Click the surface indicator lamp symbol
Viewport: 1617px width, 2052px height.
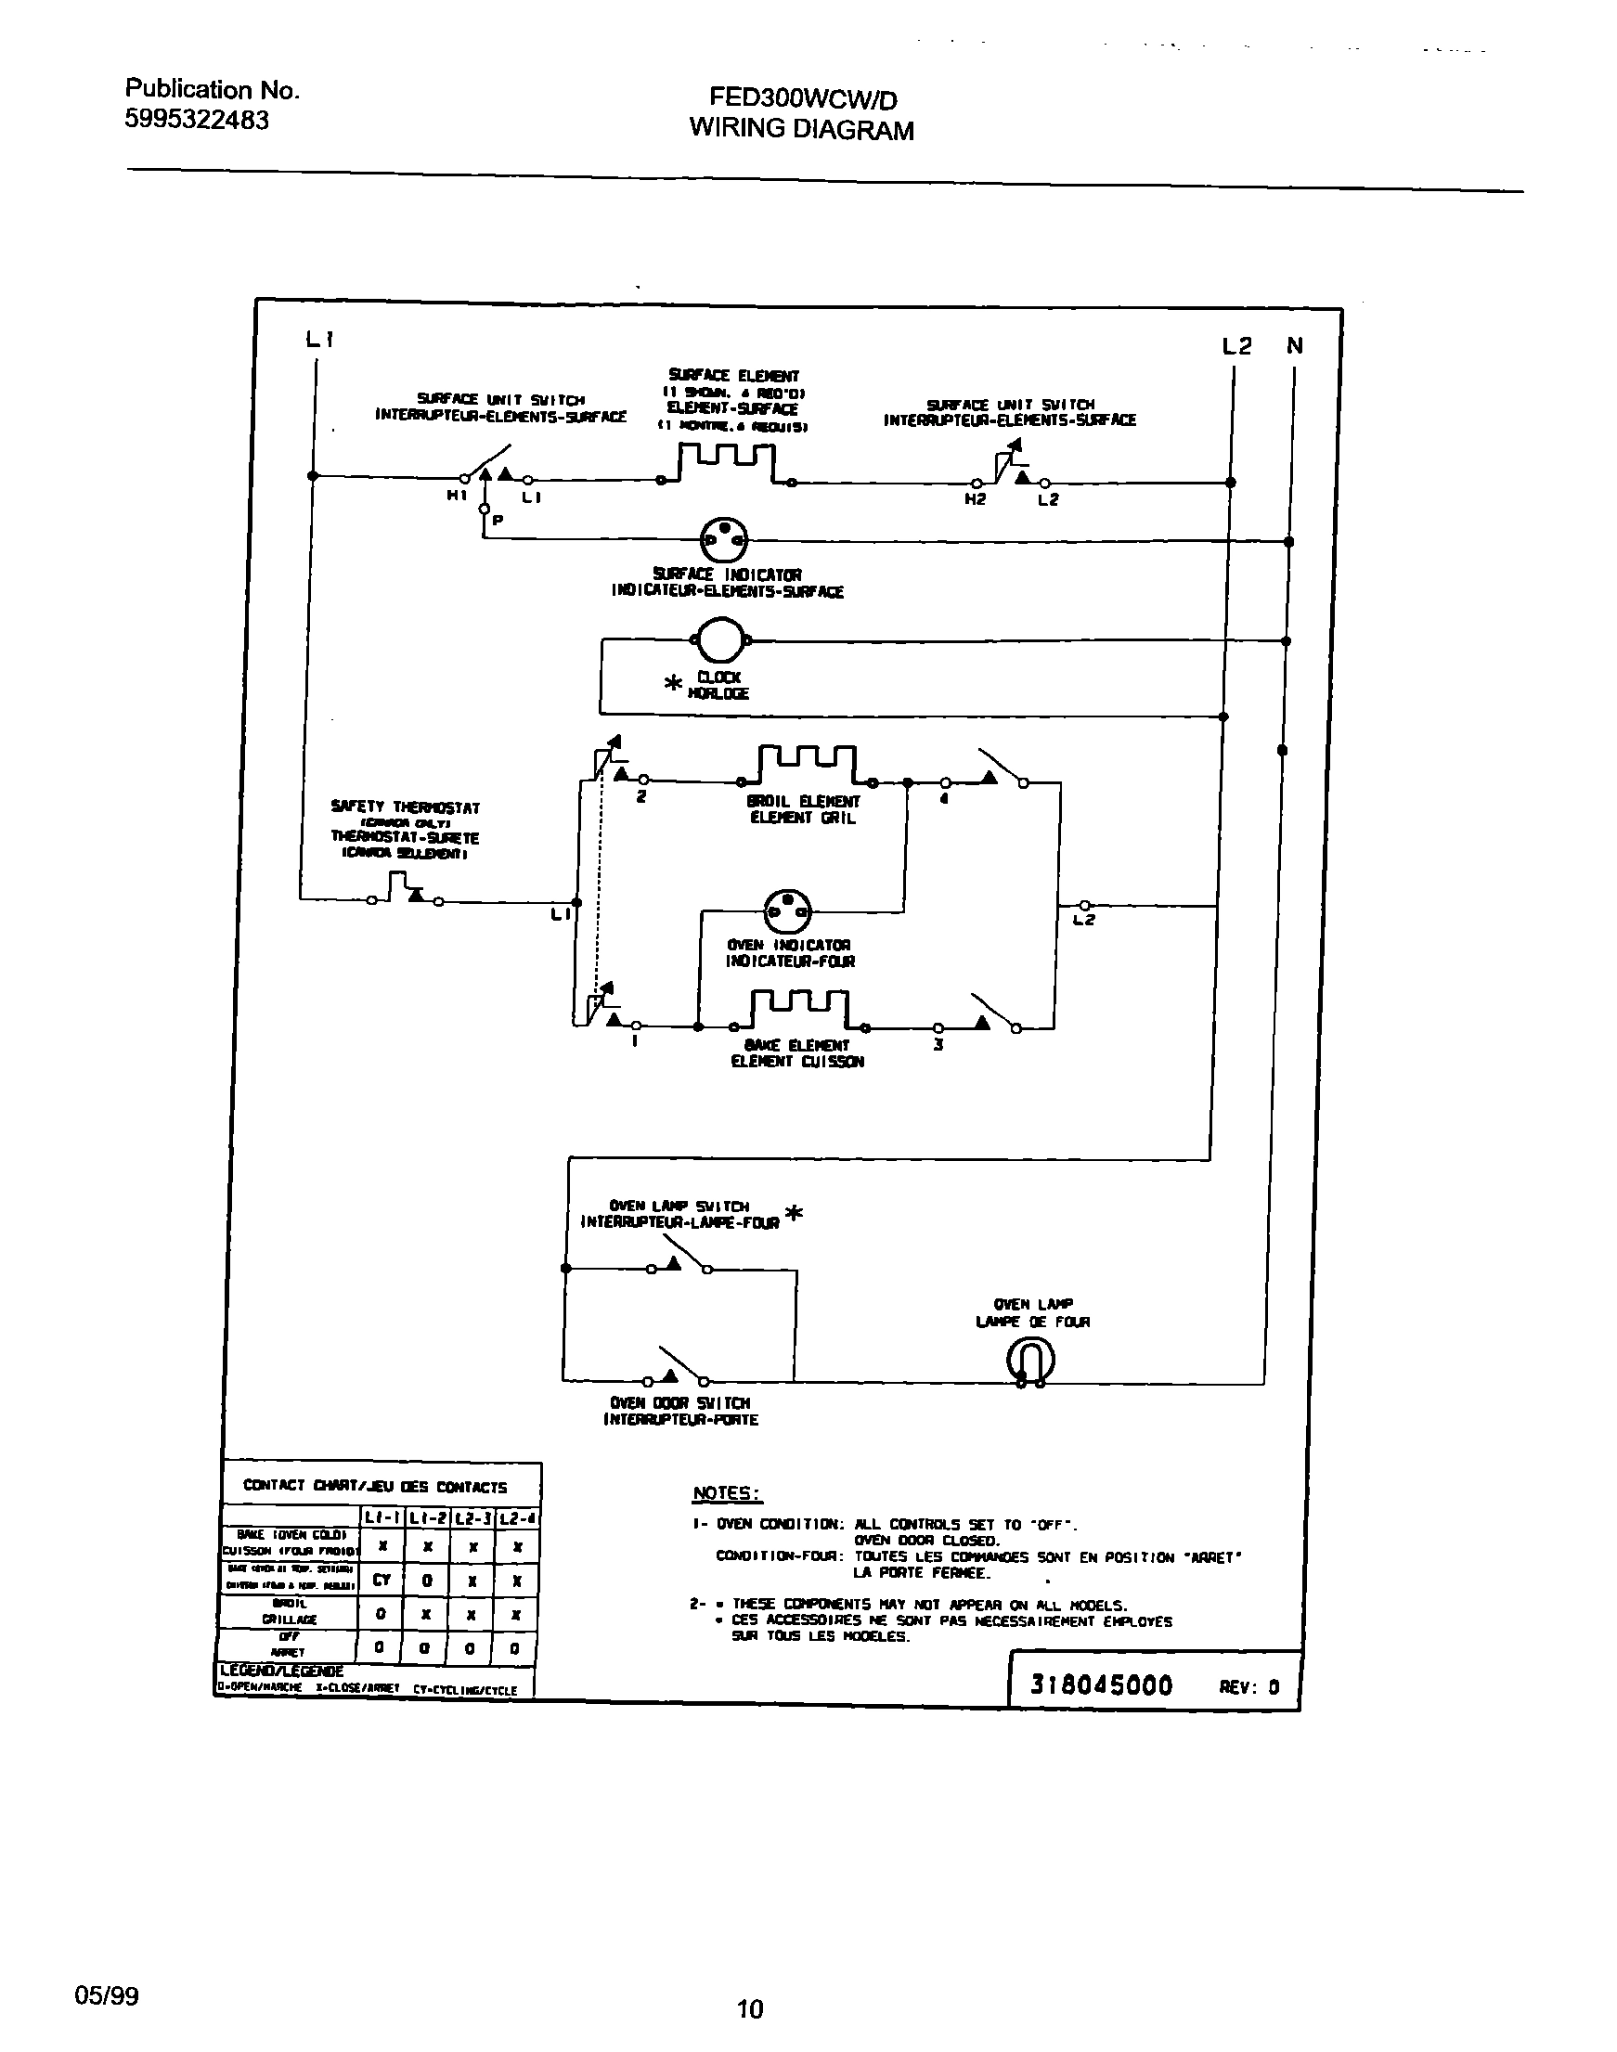click(x=722, y=539)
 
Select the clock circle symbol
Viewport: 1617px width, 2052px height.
click(x=720, y=640)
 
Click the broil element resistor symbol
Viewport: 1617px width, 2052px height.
click(x=808, y=764)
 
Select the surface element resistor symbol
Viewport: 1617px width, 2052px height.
click(x=727, y=463)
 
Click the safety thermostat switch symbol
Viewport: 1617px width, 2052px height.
click(x=405, y=889)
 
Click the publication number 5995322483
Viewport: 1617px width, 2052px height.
click(x=197, y=121)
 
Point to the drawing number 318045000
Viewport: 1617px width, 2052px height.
click(x=1101, y=1684)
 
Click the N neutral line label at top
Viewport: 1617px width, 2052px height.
click(x=1294, y=346)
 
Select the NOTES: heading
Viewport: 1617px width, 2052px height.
click(x=726, y=1492)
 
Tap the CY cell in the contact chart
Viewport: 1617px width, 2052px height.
click(x=382, y=1580)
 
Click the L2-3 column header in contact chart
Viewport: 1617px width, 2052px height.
click(x=472, y=1518)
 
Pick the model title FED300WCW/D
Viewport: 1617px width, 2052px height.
click(x=803, y=98)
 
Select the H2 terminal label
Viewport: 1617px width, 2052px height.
click(x=976, y=498)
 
